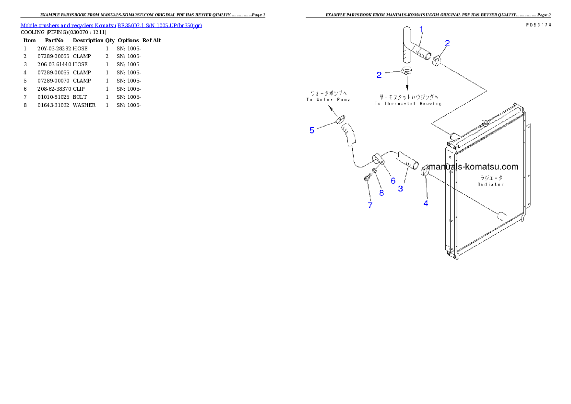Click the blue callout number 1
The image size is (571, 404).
421,29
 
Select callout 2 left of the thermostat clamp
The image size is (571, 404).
379,75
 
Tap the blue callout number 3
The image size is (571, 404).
400,189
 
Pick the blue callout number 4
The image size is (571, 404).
426,203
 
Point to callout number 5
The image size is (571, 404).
312,130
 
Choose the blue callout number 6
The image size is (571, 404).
393,180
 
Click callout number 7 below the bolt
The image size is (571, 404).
370,205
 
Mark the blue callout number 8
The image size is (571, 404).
381,193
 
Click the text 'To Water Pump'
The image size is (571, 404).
328,100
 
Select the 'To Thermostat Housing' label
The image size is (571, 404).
408,104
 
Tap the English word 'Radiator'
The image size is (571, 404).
490,184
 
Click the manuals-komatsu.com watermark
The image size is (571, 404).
473,167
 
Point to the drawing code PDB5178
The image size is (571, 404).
538,24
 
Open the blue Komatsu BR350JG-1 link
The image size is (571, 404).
111,25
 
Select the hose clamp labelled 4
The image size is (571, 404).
425,170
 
